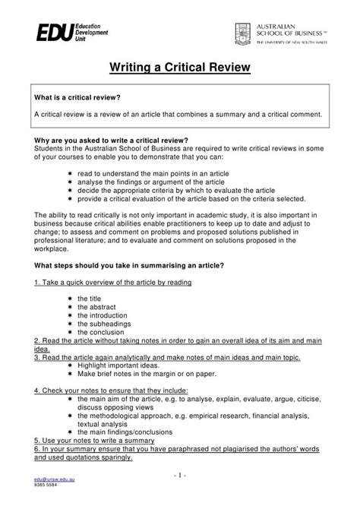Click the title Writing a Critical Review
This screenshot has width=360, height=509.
(179, 70)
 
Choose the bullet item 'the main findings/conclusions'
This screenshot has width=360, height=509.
(129, 431)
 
